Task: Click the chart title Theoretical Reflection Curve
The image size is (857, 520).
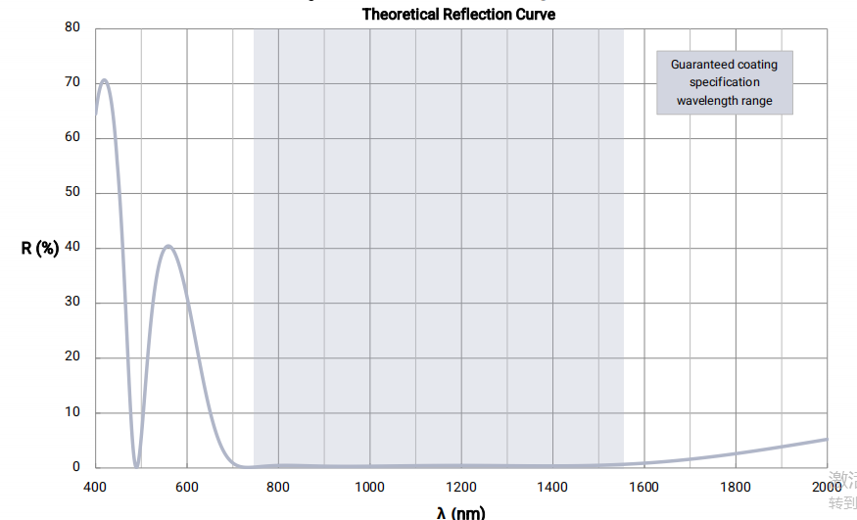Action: click(458, 14)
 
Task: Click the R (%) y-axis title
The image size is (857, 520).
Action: click(40, 248)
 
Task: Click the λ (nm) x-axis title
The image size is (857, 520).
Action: click(460, 511)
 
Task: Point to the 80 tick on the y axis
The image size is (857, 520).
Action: click(72, 27)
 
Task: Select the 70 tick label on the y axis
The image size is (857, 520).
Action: click(72, 82)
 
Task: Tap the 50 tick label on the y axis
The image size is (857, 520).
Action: click(72, 192)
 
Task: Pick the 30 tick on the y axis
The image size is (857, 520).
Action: click(72, 303)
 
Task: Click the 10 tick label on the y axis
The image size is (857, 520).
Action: click(72, 412)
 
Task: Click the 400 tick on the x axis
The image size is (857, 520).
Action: click(95, 486)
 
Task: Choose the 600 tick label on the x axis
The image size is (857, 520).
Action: click(187, 486)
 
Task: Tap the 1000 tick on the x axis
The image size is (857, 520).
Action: click(369, 486)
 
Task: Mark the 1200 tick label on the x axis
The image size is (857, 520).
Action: click(461, 486)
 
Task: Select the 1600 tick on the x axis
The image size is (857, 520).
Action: click(643, 486)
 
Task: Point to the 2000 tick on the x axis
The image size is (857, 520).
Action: click(827, 486)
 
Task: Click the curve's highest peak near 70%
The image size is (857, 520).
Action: click(104, 80)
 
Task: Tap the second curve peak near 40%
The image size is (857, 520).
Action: click(168, 246)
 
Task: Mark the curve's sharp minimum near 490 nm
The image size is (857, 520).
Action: click(136, 466)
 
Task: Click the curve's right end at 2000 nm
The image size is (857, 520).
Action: click(827, 440)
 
